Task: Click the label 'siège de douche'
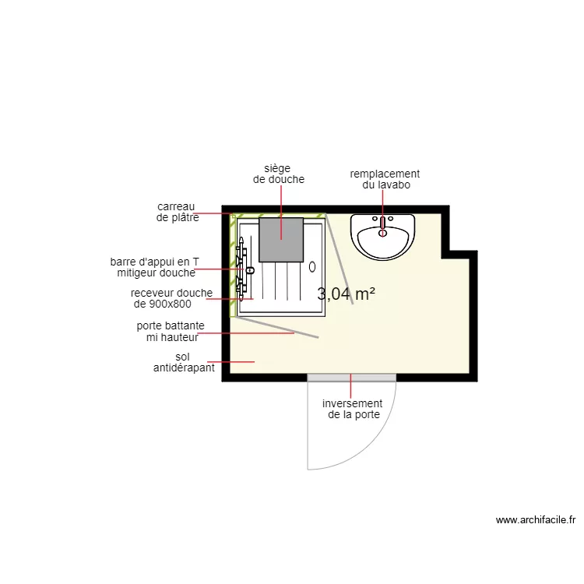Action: [x=278, y=174]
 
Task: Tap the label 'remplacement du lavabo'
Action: [x=385, y=179]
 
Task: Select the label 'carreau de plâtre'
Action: [x=178, y=212]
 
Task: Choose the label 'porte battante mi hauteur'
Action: [x=171, y=331]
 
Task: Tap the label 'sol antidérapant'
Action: [x=184, y=362]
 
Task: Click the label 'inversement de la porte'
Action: [x=353, y=409]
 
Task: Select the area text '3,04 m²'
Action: [x=346, y=294]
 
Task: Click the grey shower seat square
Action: [x=280, y=239]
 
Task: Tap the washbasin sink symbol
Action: [x=382, y=236]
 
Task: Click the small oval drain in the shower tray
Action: [x=312, y=266]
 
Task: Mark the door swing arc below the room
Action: [x=382, y=441]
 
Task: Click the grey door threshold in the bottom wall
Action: [x=352, y=378]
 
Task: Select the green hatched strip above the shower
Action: [x=280, y=216]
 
